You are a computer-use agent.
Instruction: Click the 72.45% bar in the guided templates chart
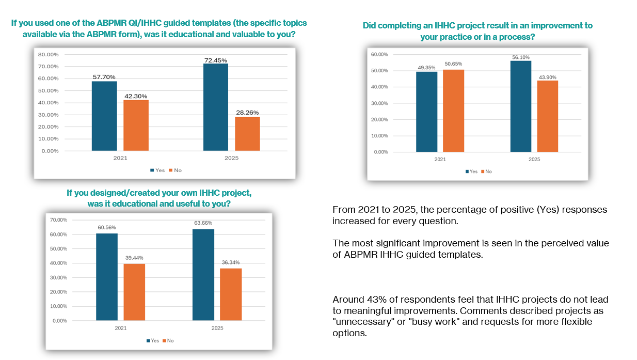tap(216, 107)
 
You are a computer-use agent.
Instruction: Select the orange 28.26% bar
tap(247, 134)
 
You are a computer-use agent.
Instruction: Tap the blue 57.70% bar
tap(104, 116)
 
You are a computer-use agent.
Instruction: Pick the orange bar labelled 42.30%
tap(136, 126)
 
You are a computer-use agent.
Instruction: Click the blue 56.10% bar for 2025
tap(521, 106)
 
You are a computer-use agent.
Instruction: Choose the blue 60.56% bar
tap(107, 277)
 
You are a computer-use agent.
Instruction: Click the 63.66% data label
tap(203, 223)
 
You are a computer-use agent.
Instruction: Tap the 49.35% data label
tap(426, 67)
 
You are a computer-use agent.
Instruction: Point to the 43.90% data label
tap(547, 77)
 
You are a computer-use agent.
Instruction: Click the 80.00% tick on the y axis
tap(48, 54)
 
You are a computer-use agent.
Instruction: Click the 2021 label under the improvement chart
tap(440, 160)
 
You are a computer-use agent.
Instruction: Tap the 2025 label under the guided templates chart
tap(231, 158)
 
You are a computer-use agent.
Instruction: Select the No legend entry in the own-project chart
tap(168, 341)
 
